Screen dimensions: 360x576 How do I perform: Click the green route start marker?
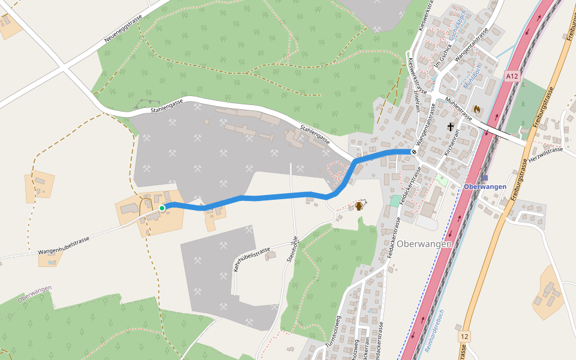point(162,208)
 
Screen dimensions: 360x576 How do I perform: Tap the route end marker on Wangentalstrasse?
point(413,152)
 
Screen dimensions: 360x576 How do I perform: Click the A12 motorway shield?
point(511,76)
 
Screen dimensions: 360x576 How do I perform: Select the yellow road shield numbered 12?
point(464,336)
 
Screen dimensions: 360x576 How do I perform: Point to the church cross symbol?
point(451,127)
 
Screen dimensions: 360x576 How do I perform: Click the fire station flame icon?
point(477,110)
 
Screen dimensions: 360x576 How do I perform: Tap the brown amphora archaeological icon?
point(359,206)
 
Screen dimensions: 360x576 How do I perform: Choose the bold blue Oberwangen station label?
point(485,187)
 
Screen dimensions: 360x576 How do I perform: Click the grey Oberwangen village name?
point(424,244)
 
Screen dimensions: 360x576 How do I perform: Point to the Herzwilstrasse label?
point(546,154)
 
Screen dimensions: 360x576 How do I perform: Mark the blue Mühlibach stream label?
point(472,77)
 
